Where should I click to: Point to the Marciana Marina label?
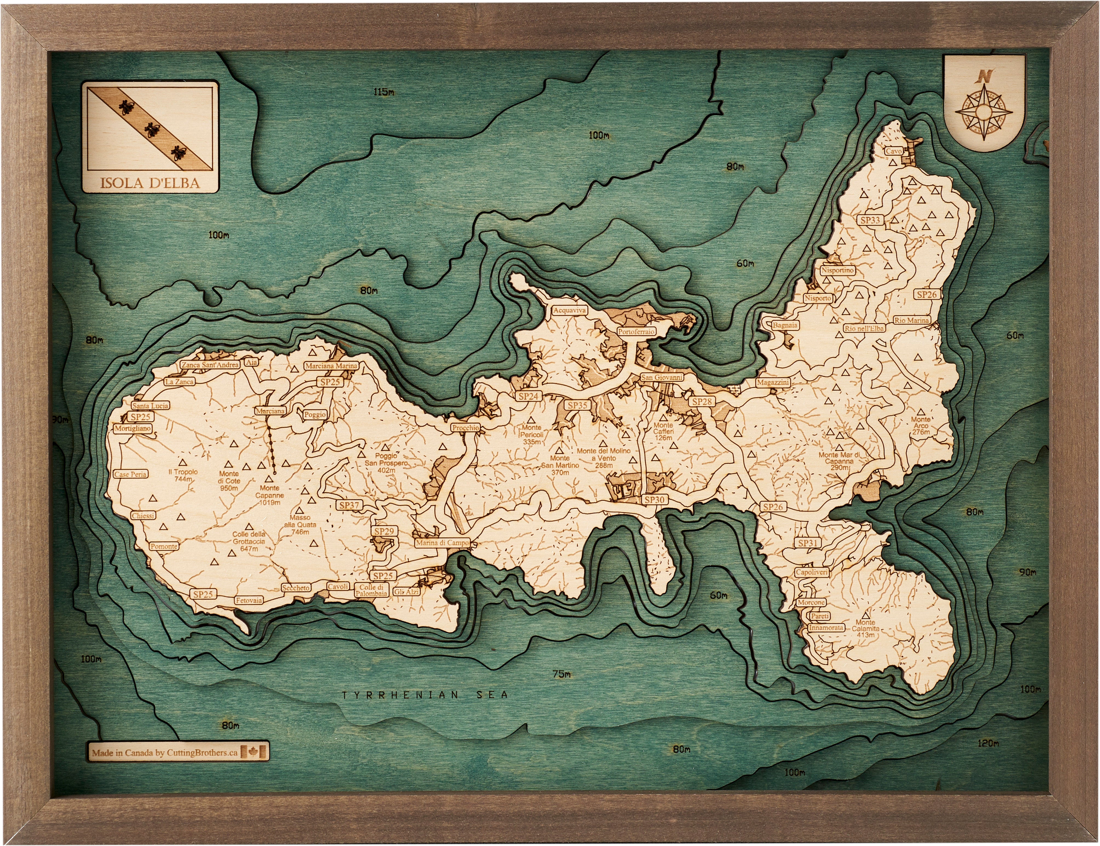click(331, 366)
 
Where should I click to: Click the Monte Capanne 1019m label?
click(269, 495)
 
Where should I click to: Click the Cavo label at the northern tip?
click(894, 151)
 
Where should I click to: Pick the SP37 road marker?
click(349, 505)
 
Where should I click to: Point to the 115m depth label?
click(384, 92)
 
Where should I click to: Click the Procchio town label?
click(465, 428)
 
